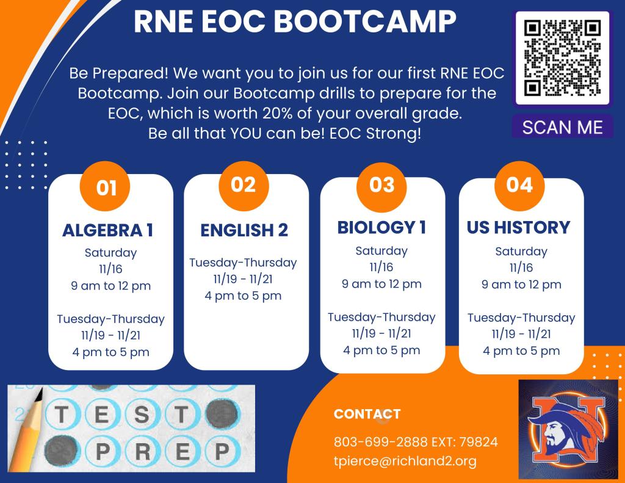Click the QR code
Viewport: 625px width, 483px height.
point(562,58)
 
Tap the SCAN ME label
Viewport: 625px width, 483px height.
point(562,127)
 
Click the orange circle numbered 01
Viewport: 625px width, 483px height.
point(105,186)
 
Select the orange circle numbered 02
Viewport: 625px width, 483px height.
point(244,186)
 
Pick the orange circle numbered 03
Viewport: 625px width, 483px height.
point(381,186)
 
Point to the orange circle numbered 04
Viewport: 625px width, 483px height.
point(519,186)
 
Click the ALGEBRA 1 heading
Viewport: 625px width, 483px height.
point(107,231)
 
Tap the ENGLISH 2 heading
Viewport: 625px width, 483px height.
point(244,231)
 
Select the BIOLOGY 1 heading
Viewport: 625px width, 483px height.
point(381,228)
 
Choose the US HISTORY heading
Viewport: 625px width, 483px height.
point(519,228)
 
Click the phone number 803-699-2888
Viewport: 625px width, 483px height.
point(380,442)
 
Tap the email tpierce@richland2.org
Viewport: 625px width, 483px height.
point(405,461)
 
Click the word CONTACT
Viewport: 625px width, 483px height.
point(367,414)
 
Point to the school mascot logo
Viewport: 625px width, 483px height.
point(568,429)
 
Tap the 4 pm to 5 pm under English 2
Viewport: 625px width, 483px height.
point(243,296)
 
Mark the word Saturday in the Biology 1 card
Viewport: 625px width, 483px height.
point(381,251)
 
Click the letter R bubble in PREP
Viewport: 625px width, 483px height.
point(142,451)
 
